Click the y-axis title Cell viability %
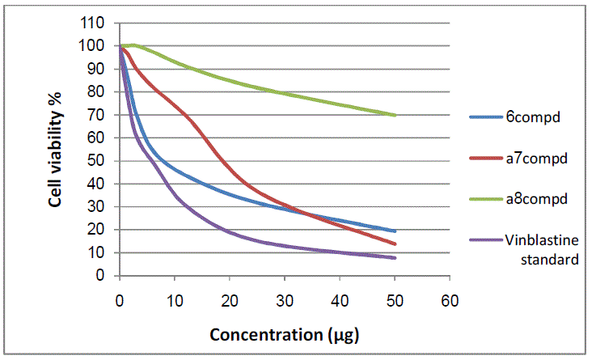tap(54, 150)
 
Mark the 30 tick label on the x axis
tap(285, 300)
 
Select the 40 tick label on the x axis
tap(340, 300)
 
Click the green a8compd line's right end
tap(395, 115)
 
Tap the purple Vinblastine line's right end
tap(395, 258)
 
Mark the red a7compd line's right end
tap(395, 244)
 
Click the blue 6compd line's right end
tap(395, 231)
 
